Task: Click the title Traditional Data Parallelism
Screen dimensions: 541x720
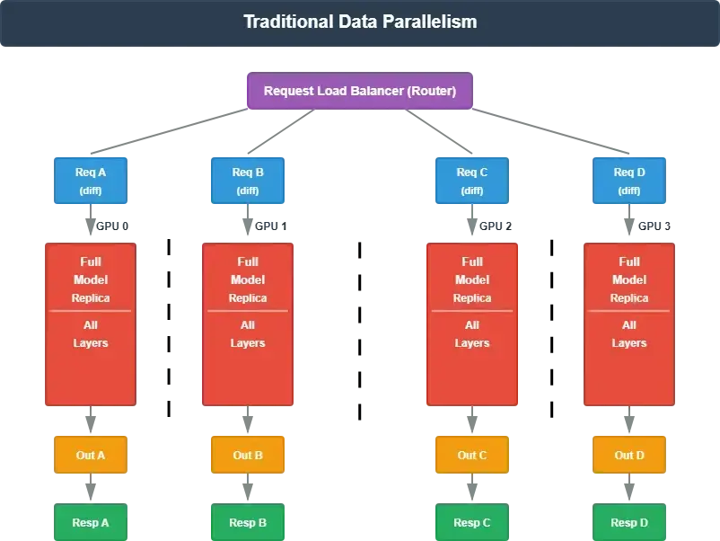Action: (360, 22)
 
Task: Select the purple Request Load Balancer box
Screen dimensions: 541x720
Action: (359, 91)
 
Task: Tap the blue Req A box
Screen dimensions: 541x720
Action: (90, 181)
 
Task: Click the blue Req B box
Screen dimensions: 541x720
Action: (248, 181)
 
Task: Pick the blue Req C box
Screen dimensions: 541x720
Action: (472, 181)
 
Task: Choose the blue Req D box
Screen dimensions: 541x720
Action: (629, 181)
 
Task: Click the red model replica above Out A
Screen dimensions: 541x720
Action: (90, 324)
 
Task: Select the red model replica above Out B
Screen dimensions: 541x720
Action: (248, 324)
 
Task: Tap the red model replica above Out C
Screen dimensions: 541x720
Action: (472, 324)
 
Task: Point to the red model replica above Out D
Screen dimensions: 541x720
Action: (629, 324)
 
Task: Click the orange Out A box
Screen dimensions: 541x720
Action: (90, 455)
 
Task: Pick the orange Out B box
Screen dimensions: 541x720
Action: (248, 455)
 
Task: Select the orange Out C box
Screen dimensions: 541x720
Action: (472, 455)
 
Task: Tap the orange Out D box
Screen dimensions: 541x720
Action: (629, 455)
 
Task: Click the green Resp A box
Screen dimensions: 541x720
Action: (90, 522)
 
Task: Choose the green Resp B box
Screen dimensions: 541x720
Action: (248, 522)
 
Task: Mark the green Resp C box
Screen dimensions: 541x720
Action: (472, 522)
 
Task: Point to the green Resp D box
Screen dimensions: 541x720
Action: (629, 522)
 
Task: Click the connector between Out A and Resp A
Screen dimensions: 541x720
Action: (90, 489)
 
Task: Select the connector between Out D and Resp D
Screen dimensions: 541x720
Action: (629, 489)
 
